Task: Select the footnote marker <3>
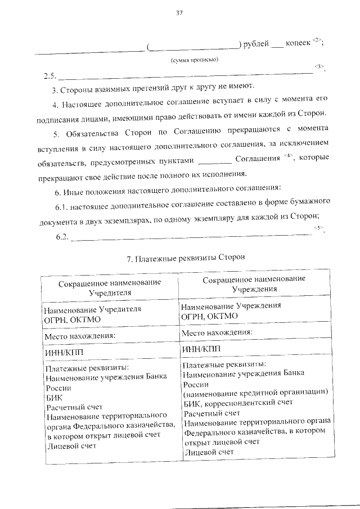319,67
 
